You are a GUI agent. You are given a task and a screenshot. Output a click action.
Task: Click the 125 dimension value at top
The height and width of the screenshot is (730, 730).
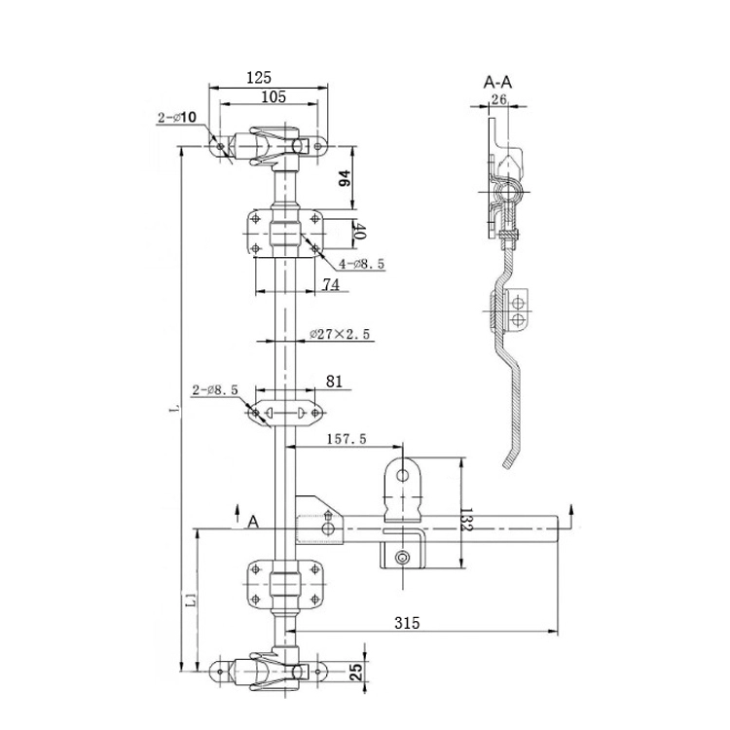259,77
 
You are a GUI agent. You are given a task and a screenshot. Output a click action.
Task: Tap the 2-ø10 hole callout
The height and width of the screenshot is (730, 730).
177,118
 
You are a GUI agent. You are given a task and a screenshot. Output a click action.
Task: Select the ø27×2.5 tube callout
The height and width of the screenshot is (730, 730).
341,334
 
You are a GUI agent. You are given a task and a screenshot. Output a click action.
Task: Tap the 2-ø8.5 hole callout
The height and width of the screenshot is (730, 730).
215,390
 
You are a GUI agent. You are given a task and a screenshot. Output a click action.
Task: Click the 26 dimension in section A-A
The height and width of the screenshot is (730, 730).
499,98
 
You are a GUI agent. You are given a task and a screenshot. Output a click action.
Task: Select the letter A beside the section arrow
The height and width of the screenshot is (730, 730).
253,523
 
